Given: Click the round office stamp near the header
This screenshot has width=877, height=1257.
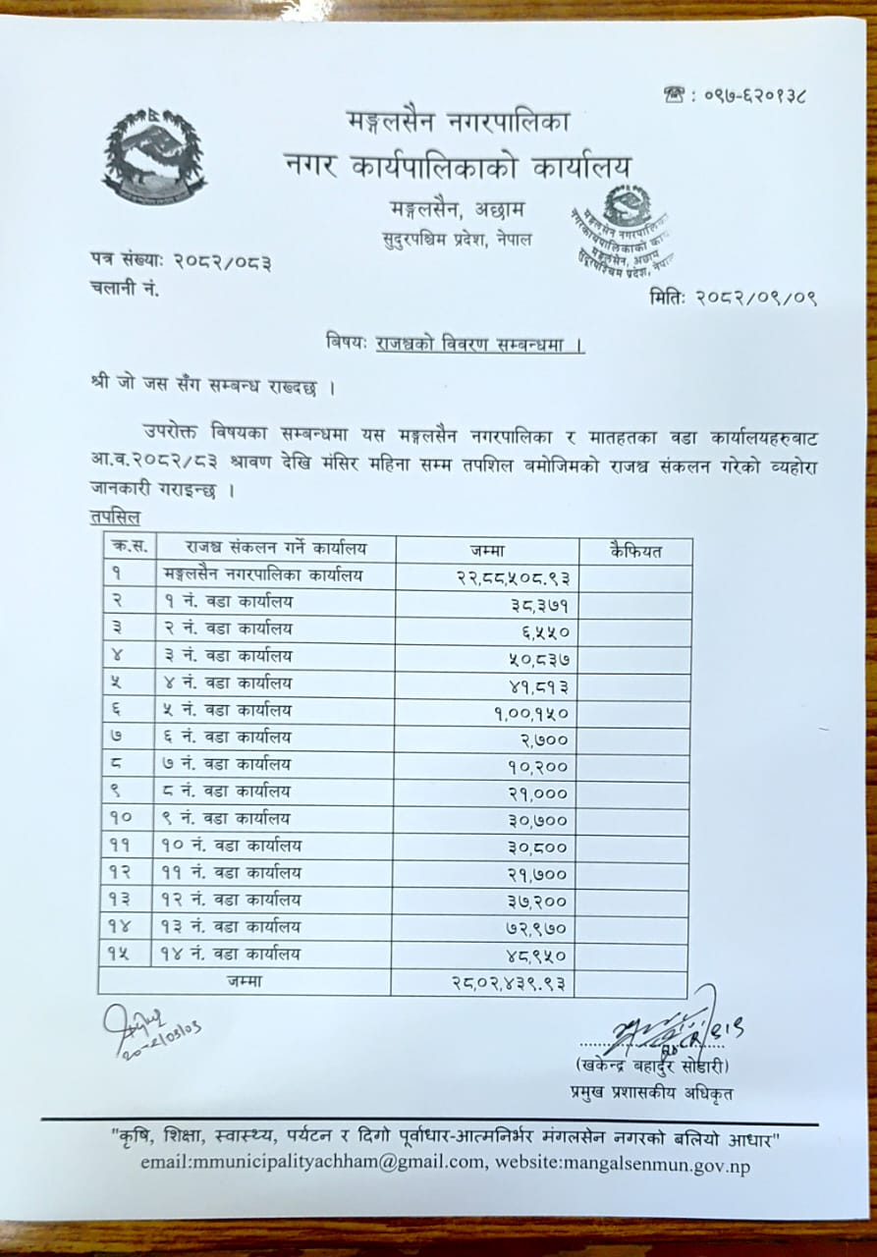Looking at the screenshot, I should coord(627,234).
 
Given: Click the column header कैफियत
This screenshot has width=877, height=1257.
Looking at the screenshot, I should coord(634,551).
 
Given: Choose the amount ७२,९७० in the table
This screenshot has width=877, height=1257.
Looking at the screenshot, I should coord(533,927).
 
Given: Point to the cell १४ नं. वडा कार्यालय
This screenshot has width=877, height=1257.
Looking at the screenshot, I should coord(229,954).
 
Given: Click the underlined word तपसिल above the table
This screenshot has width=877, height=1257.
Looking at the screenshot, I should coord(114,517).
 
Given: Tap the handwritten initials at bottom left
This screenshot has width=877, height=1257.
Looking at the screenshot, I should coord(147,1031).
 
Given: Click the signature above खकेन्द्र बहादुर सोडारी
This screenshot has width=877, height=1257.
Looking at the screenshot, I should coord(678,1028).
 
